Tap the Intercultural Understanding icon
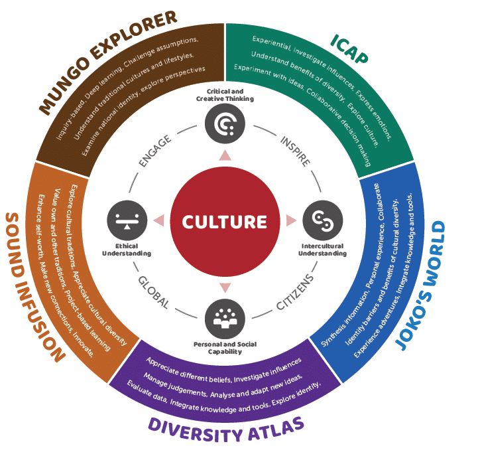(320, 219)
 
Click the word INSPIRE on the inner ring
(294, 149)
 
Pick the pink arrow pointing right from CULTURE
(290, 219)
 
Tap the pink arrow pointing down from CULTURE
(224, 286)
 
